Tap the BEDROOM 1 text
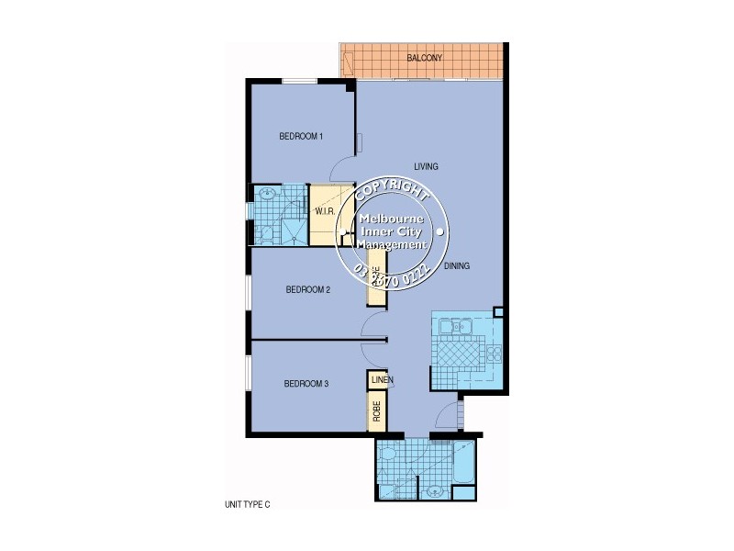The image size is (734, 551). coord(301,137)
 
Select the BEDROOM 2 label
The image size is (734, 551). coord(307,289)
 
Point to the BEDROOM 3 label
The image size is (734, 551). coord(306,384)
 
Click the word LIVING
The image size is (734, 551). coord(426,166)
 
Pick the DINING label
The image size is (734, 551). coord(456,266)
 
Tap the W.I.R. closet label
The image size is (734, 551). coord(324,212)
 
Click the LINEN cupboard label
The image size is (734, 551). coord(382,379)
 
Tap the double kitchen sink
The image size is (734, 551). coord(454,326)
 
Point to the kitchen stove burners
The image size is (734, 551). coord(495,353)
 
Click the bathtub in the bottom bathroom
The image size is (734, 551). coord(464,464)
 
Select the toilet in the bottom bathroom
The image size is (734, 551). coord(388,455)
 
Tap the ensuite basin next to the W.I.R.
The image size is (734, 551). coord(267,194)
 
